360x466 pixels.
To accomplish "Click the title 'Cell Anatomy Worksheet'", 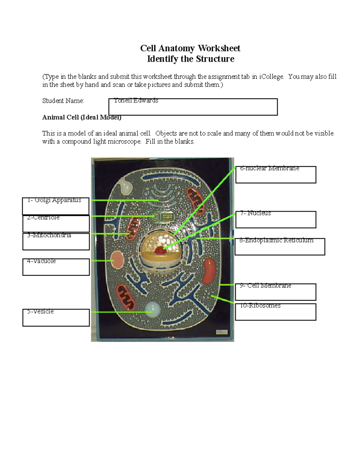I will coord(190,48).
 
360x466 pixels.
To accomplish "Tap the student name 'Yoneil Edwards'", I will coord(136,101).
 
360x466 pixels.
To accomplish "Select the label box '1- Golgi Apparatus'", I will coord(56,206).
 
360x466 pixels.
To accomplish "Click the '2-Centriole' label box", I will coord(56,224).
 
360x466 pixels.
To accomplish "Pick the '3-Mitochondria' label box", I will coord(56,241).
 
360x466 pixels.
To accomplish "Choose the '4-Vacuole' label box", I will coord(56,267).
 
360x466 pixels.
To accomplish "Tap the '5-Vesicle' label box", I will coord(56,317).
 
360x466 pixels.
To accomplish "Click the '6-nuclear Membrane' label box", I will coord(276,174).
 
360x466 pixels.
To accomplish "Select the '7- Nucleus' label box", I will coord(276,219).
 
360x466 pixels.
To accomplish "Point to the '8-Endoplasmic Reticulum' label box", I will coord(280,246).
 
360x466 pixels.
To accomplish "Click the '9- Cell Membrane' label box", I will coord(276,292).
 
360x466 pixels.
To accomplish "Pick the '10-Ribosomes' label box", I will coord(276,312).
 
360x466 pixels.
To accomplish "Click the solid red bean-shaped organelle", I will coord(209,271).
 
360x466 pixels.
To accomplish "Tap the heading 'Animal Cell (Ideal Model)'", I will coord(82,117).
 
